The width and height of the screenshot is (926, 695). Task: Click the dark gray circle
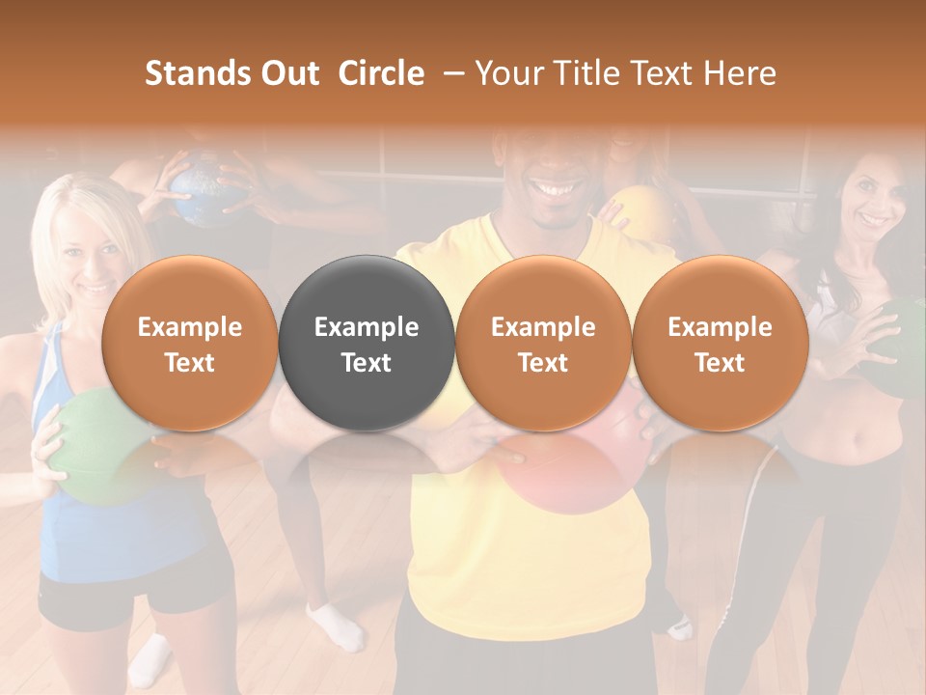[x=366, y=343]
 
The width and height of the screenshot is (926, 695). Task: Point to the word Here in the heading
[x=740, y=73]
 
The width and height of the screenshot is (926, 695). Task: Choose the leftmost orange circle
[x=189, y=343]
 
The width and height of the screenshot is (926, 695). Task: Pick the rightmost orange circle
[x=720, y=343]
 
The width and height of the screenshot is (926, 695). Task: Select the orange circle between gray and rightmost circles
[x=543, y=343]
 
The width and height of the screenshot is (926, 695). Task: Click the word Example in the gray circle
[x=366, y=327]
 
